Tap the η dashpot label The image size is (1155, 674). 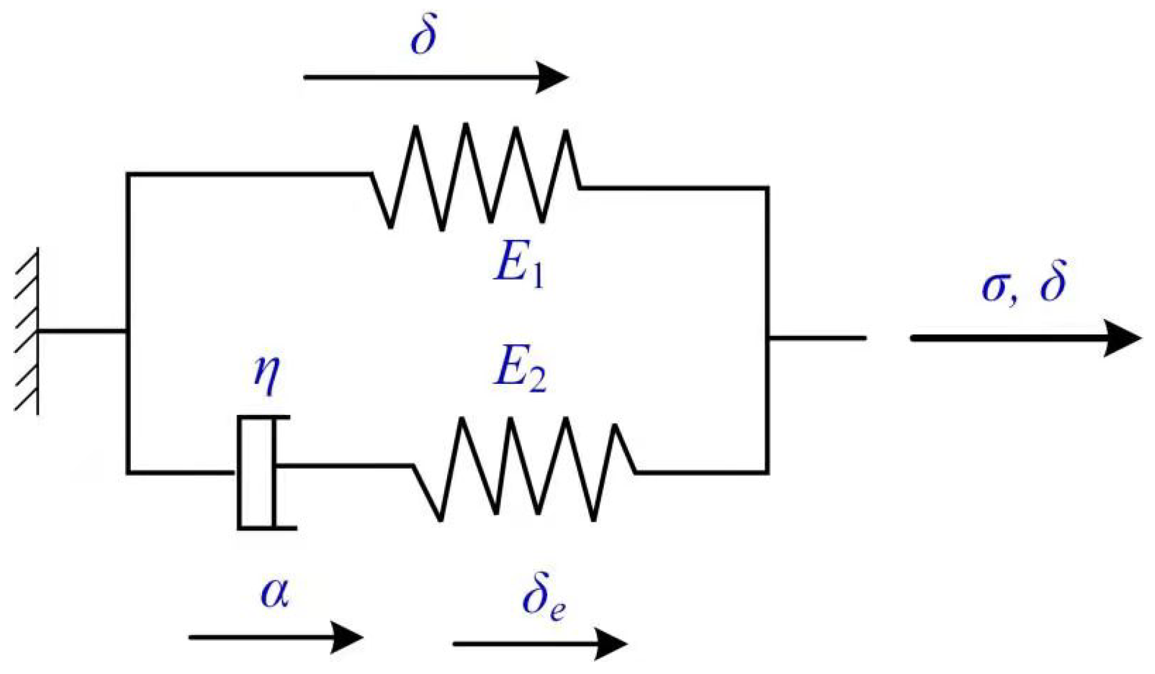(x=267, y=374)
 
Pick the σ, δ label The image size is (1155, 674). (x=1024, y=282)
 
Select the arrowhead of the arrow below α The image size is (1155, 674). (x=347, y=637)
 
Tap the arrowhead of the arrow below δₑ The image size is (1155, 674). (x=611, y=643)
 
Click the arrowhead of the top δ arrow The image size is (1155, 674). (x=552, y=77)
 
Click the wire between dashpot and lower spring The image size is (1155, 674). (x=344, y=464)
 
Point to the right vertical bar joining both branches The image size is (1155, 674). (x=767, y=330)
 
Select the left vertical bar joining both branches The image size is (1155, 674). (x=128, y=323)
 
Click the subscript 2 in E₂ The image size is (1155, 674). (x=538, y=382)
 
